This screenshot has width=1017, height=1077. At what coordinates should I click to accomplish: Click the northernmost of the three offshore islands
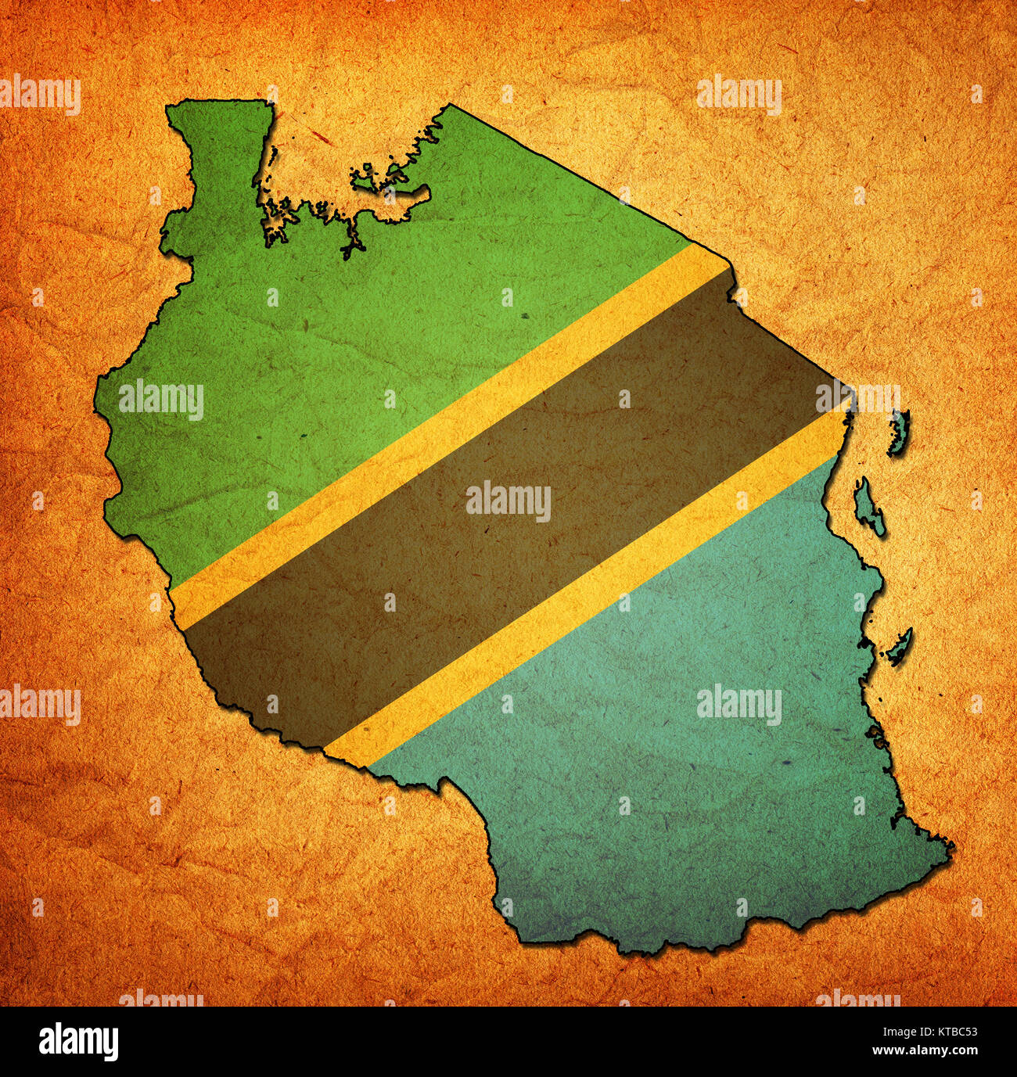pyautogui.click(x=899, y=433)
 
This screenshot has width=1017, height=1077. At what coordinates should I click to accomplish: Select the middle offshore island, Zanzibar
pyautogui.click(x=868, y=507)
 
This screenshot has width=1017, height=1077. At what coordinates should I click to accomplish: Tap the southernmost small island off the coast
pyautogui.click(x=900, y=646)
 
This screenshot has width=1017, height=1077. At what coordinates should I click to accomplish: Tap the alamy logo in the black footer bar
pyautogui.click(x=78, y=1041)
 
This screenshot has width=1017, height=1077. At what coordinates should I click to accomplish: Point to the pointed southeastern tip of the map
pyautogui.click(x=951, y=845)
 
